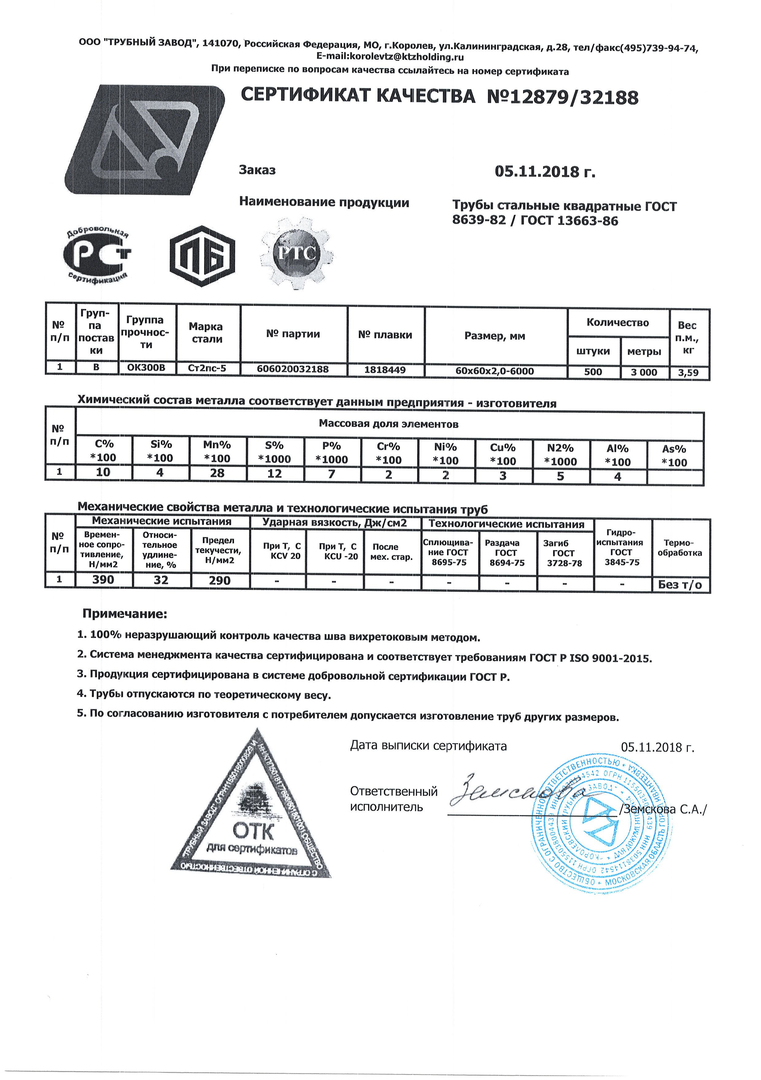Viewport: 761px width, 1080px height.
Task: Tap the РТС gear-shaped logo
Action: point(297,253)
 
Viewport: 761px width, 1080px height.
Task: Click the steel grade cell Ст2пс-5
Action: point(207,368)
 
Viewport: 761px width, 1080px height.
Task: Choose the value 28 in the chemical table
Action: point(217,473)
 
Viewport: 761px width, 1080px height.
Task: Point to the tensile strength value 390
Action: point(103,580)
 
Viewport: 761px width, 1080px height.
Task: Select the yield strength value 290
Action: point(220,581)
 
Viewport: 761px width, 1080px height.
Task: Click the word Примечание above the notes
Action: point(125,614)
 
